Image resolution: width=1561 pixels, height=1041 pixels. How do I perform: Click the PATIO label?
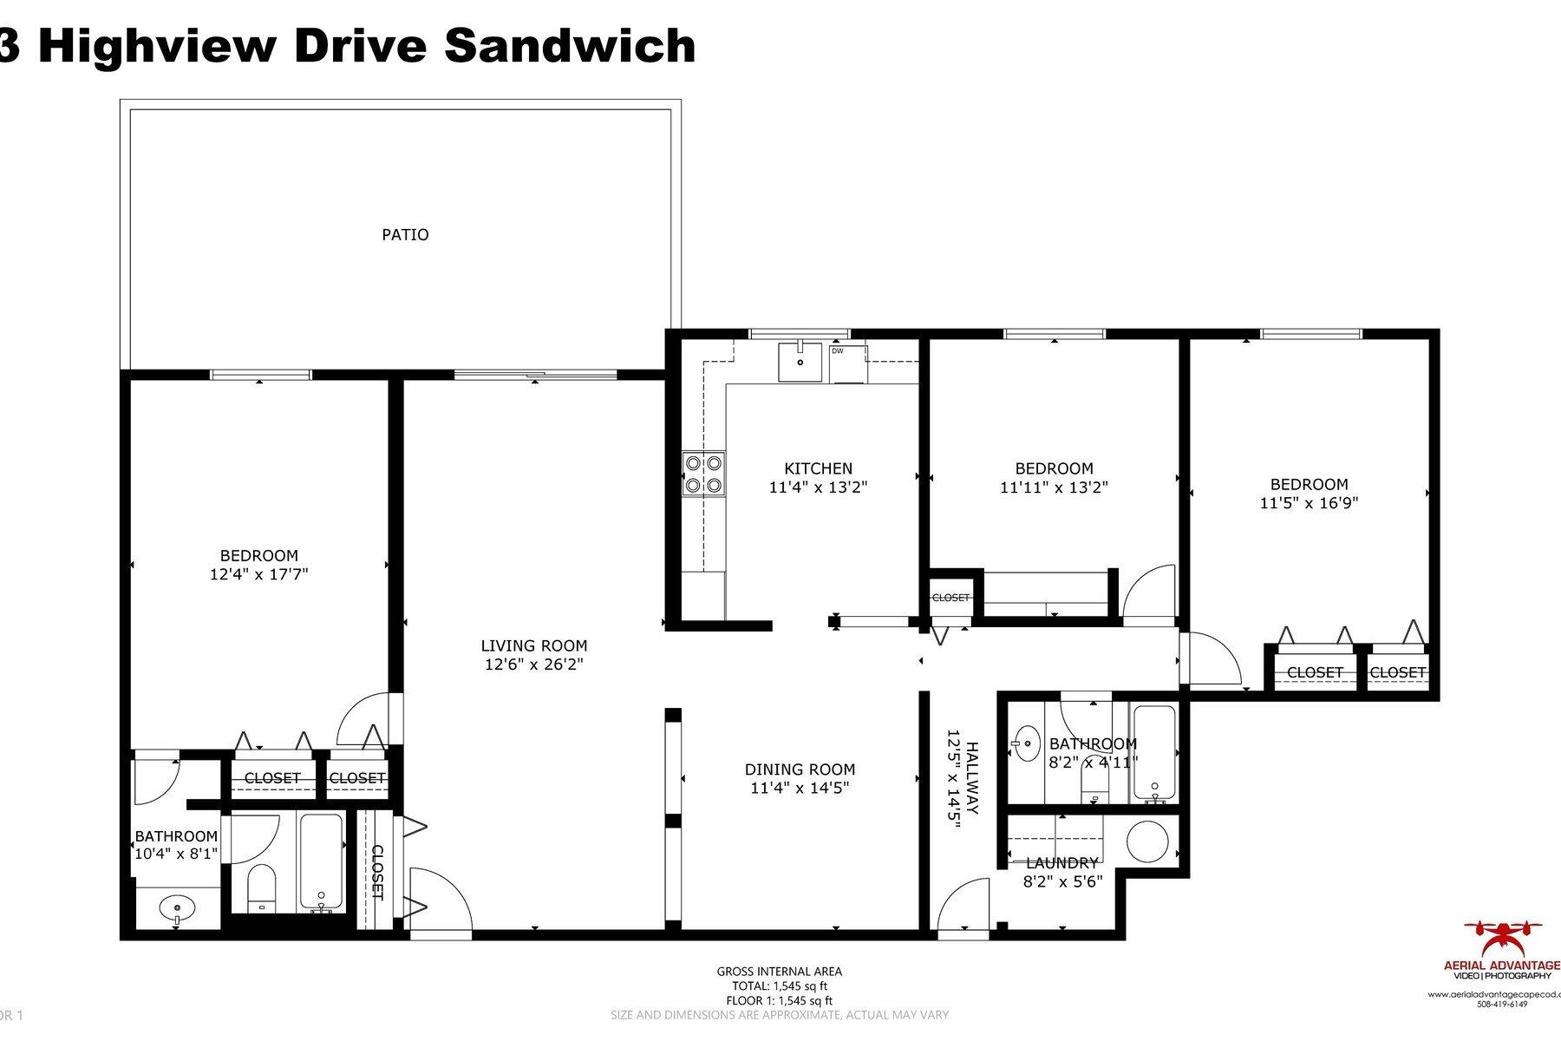405,234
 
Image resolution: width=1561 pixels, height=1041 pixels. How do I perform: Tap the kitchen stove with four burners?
703,474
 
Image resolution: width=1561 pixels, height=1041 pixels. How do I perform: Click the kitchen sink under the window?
799,363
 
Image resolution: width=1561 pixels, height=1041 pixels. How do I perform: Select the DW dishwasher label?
838,351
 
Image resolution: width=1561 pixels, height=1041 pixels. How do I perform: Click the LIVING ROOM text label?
533,645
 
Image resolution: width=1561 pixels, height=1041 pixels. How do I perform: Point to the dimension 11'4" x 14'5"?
799,788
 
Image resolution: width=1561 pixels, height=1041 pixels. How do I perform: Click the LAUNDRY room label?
1061,863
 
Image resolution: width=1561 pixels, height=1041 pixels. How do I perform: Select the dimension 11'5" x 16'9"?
1309,502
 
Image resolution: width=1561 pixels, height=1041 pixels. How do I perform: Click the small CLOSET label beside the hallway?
950,598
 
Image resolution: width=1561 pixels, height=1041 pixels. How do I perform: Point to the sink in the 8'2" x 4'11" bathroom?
1028,743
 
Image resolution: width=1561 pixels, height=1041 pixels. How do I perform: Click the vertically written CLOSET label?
377,871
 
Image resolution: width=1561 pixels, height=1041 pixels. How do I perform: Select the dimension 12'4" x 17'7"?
258,573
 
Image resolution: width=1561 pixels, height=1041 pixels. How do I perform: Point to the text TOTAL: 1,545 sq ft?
778,985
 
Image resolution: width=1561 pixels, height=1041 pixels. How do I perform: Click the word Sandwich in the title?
570,45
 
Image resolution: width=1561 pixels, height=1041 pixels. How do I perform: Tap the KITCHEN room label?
818,468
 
